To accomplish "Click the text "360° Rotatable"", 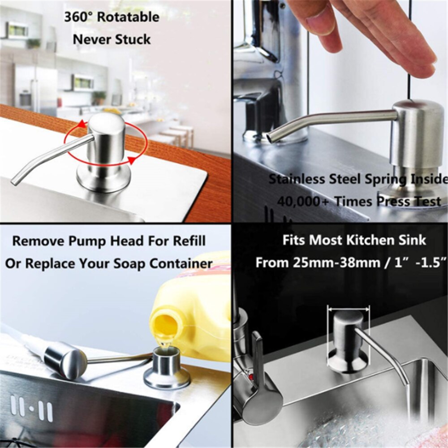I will tap(112, 17).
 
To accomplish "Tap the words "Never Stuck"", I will tap(112, 39).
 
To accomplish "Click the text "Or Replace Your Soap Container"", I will tap(108, 263).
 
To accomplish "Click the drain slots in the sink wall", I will tap(31, 409).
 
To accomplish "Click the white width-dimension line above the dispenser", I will tap(349, 308).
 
